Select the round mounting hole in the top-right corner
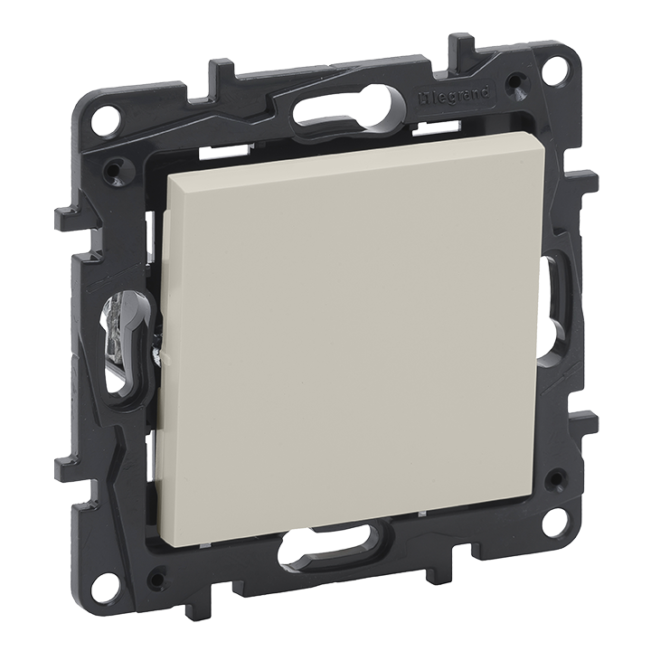coord(554,69)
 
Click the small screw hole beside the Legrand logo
coord(515,84)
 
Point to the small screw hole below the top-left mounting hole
coord(115,167)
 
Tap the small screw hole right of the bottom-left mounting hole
coord(157,575)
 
